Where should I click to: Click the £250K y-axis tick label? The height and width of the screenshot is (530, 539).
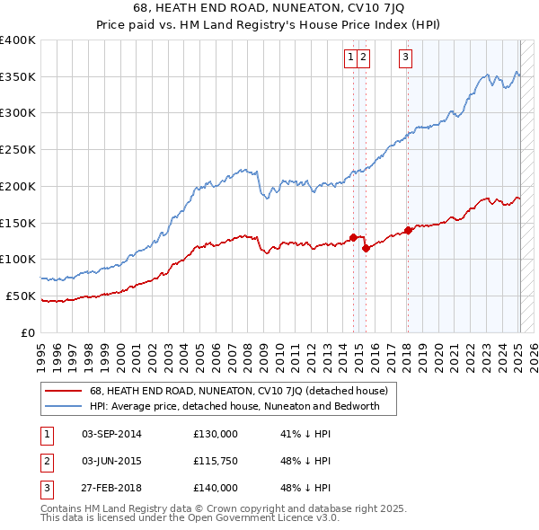(x=18, y=149)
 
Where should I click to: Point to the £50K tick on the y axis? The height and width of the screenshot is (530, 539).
(x=21, y=296)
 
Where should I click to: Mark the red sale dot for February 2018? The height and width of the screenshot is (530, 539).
(x=408, y=230)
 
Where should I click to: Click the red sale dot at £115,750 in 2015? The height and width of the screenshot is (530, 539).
(x=366, y=248)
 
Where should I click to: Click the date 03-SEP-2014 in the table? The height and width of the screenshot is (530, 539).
(x=111, y=434)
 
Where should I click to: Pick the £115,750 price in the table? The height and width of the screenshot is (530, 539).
(x=216, y=461)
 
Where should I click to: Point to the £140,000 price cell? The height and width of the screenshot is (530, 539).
(x=216, y=488)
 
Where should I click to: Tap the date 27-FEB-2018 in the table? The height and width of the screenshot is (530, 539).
(x=111, y=488)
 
